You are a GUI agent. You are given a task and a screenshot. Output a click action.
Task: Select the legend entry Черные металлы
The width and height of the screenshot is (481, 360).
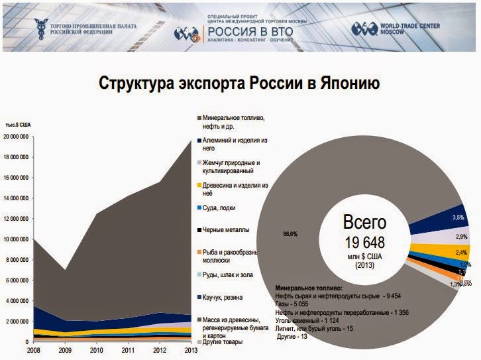[x=226, y=231]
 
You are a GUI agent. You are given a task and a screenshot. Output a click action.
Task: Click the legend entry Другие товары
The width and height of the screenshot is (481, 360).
[x=225, y=341]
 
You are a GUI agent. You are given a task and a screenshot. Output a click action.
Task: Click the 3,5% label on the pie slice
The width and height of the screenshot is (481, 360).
[x=457, y=217]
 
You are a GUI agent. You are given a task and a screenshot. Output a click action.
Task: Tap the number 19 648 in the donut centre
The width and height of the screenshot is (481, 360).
[x=364, y=243]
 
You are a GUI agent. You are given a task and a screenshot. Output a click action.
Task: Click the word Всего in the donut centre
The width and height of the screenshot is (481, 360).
[x=364, y=222]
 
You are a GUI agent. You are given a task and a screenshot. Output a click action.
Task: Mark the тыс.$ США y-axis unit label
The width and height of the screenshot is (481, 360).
[x=18, y=124]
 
